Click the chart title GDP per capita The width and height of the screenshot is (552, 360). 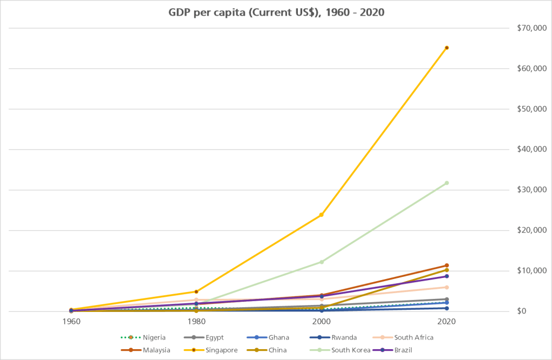pos(276,12)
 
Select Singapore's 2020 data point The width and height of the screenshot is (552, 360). pos(447,47)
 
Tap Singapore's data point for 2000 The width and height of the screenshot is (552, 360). pos(322,215)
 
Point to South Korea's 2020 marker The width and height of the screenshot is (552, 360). pos(447,183)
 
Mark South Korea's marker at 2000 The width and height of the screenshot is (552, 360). pos(322,262)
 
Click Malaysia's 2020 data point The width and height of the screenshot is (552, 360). pos(447,266)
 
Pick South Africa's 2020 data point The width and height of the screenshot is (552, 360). pos(447,287)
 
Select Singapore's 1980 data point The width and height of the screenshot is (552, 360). pos(196,291)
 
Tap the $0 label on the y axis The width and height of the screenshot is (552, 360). pos(521,311)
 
